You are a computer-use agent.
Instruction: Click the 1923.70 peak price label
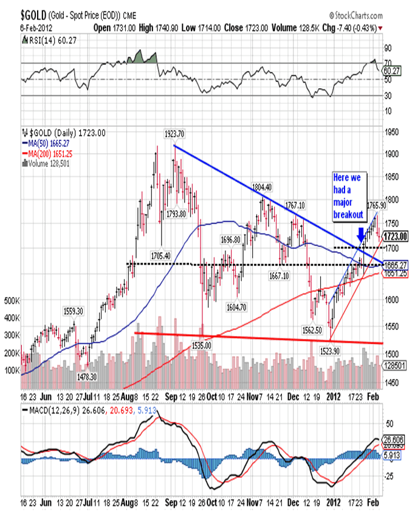point(174,134)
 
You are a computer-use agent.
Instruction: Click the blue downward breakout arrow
point(361,234)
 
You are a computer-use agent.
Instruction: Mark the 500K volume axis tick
point(12,301)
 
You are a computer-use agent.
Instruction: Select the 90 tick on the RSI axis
point(387,47)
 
